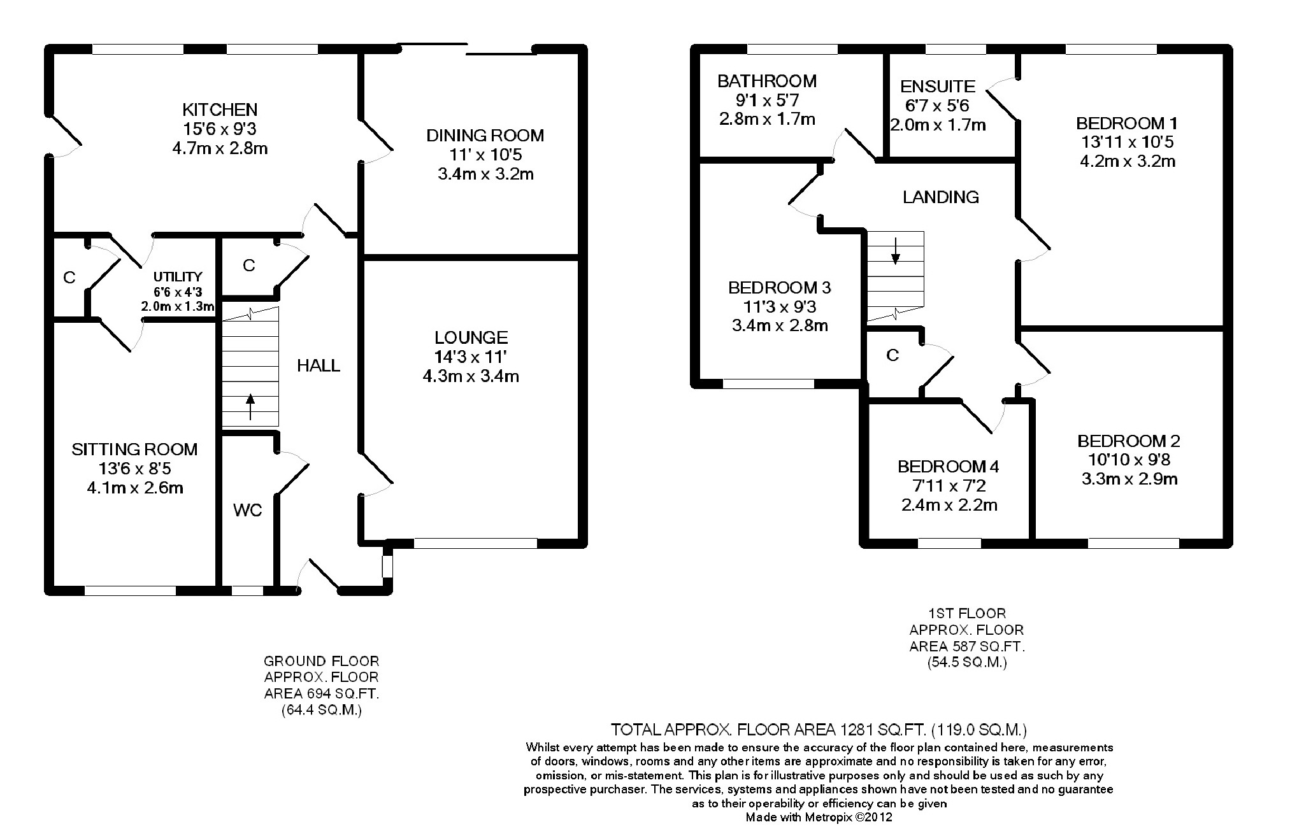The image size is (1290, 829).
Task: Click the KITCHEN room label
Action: pyautogui.click(x=220, y=110)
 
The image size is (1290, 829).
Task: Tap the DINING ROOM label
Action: pyautogui.click(x=485, y=135)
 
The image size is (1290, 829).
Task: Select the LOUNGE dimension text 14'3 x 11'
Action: pyautogui.click(x=471, y=357)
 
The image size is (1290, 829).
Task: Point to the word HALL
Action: pyautogui.click(x=319, y=365)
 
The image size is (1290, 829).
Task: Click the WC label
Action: pyautogui.click(x=247, y=511)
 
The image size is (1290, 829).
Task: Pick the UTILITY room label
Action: pyautogui.click(x=178, y=277)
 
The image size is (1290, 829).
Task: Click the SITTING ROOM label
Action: pyautogui.click(x=134, y=450)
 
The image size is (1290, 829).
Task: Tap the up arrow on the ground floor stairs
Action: pyautogui.click(x=250, y=407)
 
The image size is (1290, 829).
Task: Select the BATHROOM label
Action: pyautogui.click(x=767, y=81)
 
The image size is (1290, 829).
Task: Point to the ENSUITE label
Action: pyautogui.click(x=938, y=86)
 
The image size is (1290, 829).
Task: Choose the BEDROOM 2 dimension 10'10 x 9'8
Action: pyautogui.click(x=1129, y=460)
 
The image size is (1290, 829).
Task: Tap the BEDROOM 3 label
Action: pyautogui.click(x=780, y=288)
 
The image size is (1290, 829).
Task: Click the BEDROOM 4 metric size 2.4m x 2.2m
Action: pyautogui.click(x=949, y=506)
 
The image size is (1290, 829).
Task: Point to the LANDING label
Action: pyautogui.click(x=941, y=197)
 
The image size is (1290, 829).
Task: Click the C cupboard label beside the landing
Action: pyautogui.click(x=892, y=355)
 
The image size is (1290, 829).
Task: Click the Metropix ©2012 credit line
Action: pyautogui.click(x=819, y=817)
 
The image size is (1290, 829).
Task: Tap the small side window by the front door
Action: pyautogui.click(x=387, y=566)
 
